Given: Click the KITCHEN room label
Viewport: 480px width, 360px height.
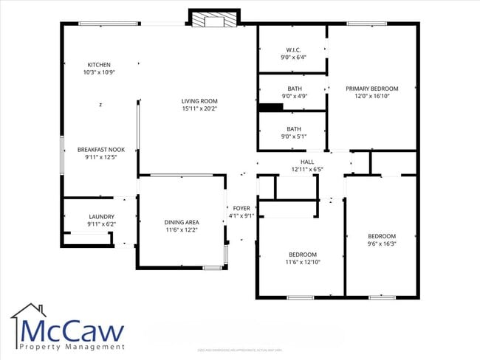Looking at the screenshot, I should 99,65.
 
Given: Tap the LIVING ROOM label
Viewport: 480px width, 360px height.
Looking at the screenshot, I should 199,101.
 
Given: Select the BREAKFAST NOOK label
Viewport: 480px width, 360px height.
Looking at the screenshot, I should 101,150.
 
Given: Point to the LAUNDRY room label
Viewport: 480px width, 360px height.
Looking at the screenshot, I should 101,217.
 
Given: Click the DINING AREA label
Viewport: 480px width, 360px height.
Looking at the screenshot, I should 181,222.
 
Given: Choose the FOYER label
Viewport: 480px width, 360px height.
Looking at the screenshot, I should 241,209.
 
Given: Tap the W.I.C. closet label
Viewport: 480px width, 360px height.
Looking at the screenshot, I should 292,49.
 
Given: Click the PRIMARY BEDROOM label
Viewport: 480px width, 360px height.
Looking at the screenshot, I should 372,89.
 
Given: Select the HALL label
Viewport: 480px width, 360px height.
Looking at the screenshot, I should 307,162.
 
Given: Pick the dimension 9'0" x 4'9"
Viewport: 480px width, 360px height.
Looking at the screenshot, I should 293,96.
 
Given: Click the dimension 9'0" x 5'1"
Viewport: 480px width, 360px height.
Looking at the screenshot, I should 293,136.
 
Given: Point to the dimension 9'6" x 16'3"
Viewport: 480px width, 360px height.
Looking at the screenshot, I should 382,243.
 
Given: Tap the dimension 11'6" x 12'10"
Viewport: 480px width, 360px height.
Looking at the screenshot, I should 303,262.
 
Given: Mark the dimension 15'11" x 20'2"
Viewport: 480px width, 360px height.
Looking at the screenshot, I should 199,109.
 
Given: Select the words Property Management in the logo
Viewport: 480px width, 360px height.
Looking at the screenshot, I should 72,347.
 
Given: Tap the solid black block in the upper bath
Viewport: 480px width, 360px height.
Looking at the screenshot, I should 271,108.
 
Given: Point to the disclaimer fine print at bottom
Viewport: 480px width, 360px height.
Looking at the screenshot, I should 240,350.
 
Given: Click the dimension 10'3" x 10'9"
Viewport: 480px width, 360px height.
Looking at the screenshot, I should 99,72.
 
